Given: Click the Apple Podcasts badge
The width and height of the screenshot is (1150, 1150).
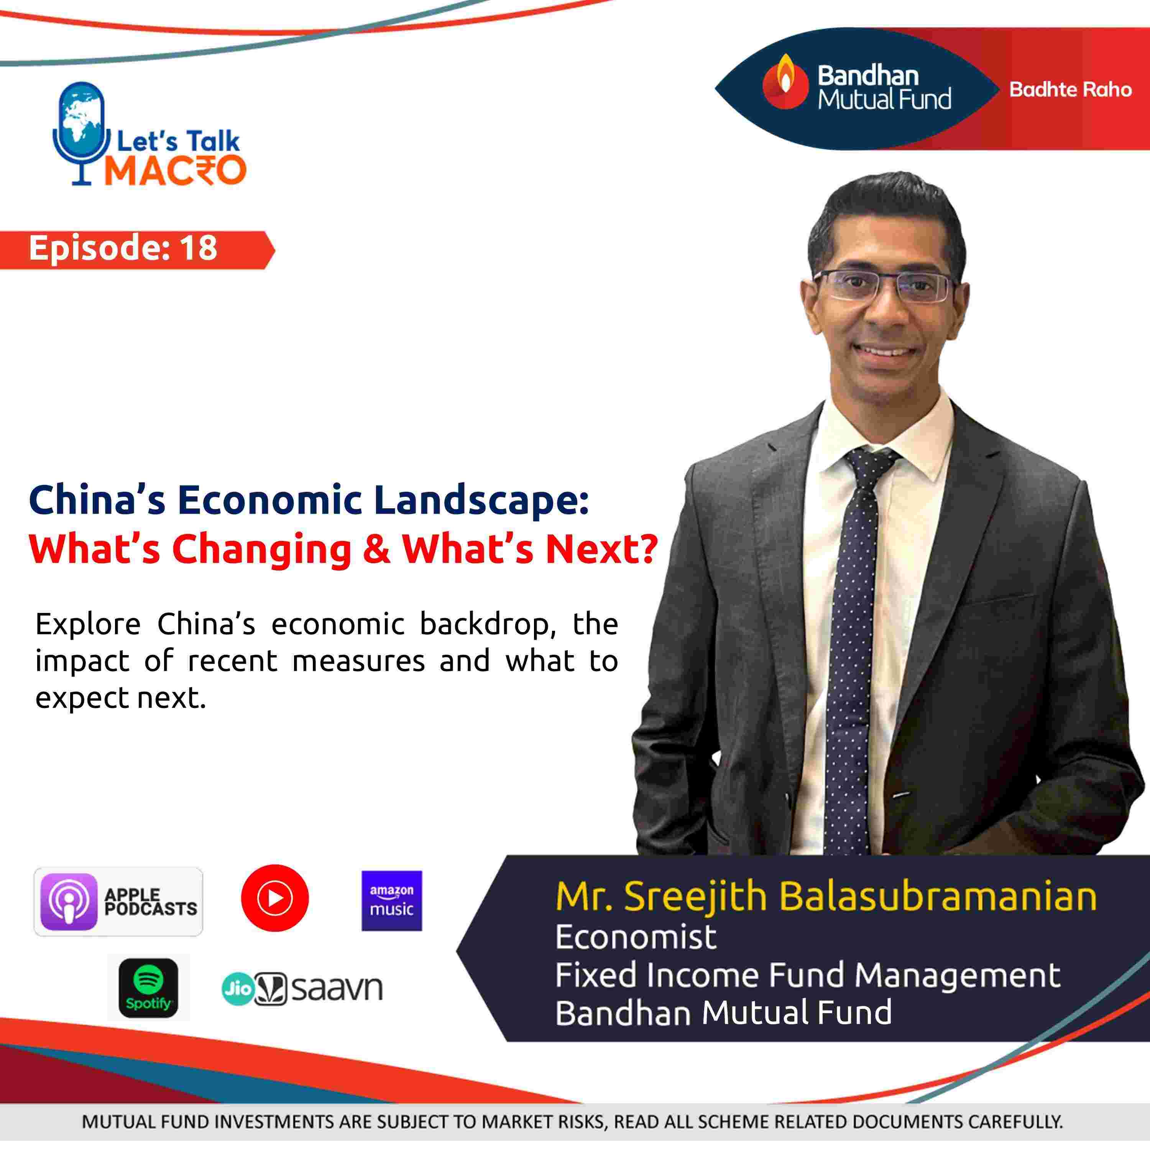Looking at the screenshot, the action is coord(118,902).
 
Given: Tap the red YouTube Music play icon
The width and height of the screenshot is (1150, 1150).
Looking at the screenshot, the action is coord(275,898).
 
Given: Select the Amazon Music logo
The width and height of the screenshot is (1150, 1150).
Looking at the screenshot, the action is coord(392,900).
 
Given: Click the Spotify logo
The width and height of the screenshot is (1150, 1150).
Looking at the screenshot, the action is coord(148,987).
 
